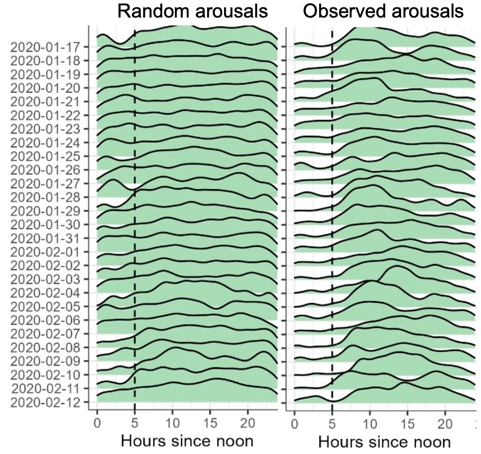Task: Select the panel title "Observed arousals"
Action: click(383, 11)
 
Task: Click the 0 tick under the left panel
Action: click(97, 423)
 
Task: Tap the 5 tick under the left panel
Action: click(135, 423)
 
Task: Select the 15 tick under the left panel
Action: click(210, 423)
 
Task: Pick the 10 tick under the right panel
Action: click(369, 423)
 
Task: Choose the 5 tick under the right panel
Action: click(332, 423)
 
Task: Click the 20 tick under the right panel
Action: click(445, 423)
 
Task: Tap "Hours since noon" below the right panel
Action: click(384, 442)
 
